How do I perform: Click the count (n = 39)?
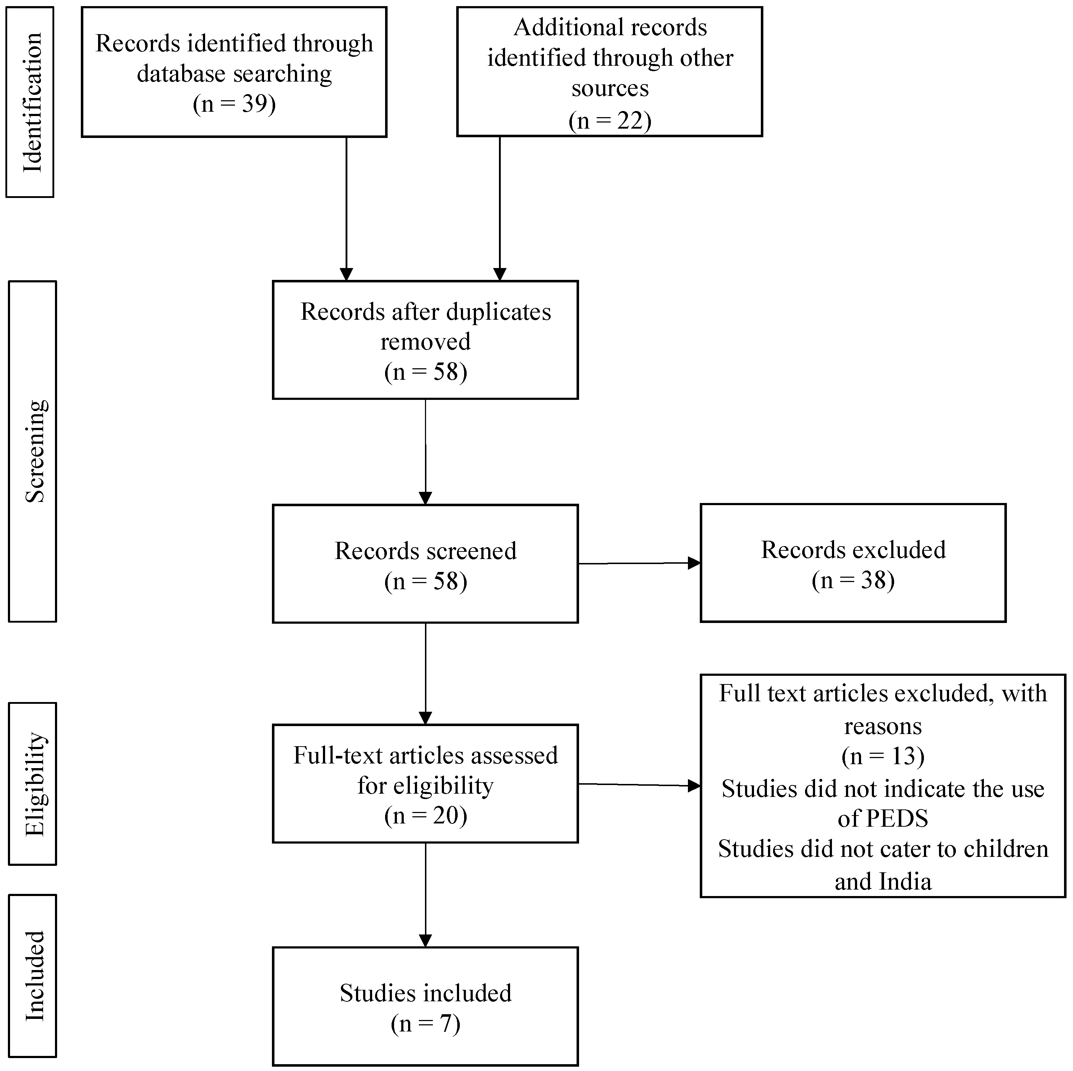[234, 104]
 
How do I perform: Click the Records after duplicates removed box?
[425, 340]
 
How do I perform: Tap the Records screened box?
[425, 564]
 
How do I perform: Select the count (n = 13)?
[883, 757]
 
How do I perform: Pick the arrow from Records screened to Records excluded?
[639, 563]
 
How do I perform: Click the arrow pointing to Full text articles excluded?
[639, 785]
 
